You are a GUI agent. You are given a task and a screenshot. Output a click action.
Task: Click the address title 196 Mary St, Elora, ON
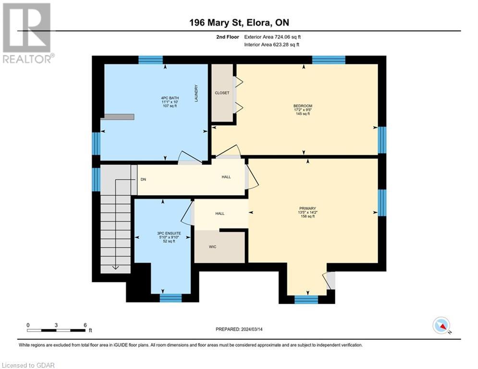coord(239,23)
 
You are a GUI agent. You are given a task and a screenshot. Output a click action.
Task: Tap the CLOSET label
coord(222,93)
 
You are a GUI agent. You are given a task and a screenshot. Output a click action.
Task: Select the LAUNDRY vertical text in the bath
coord(196,94)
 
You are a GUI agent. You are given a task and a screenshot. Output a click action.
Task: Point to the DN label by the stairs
coord(143,180)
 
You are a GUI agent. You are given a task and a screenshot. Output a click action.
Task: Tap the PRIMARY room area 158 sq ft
coord(307,217)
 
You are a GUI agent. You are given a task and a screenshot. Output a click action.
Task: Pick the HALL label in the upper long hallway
coord(226,177)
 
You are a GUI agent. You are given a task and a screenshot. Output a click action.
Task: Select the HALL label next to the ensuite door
coord(220,214)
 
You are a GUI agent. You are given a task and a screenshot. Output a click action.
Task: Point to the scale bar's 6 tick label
coord(85,325)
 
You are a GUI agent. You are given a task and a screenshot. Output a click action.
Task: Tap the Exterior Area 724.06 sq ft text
coord(272,37)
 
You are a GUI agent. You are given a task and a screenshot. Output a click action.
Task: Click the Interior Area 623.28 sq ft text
coord(272,45)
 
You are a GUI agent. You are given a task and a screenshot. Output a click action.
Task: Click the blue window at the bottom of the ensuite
coord(171,298)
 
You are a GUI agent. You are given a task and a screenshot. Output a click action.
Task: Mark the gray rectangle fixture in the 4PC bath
coord(119,117)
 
